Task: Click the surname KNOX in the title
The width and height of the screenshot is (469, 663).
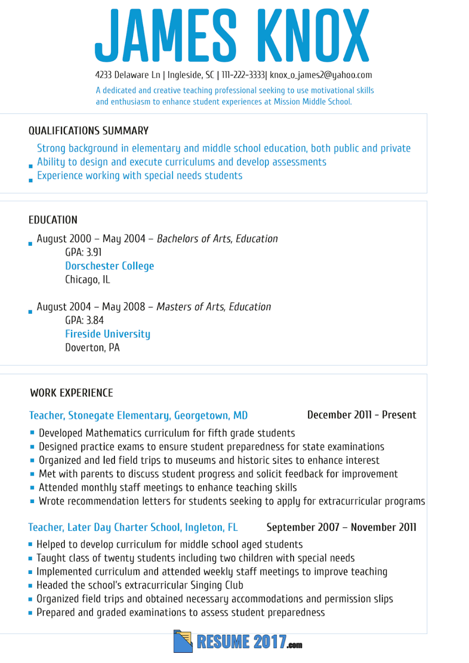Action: click(313, 36)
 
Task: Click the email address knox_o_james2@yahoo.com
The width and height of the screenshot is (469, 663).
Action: click(321, 75)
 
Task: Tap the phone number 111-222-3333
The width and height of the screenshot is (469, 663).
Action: click(243, 75)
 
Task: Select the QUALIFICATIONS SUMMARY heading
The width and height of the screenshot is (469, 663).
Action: click(89, 131)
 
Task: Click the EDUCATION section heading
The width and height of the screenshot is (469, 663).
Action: click(53, 220)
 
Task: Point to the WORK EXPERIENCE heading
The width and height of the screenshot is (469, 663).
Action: click(72, 393)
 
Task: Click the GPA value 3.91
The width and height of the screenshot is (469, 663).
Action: click(94, 252)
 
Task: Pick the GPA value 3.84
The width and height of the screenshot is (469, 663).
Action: click(95, 320)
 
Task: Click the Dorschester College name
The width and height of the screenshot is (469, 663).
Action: click(109, 266)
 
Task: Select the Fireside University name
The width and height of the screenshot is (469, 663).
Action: click(107, 334)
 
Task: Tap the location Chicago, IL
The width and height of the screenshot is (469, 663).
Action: click(87, 279)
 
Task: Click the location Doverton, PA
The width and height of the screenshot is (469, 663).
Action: click(92, 347)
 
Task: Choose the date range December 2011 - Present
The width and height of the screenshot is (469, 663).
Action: click(362, 415)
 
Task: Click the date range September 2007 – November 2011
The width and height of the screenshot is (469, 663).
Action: click(341, 527)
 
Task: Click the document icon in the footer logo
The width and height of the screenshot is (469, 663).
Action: click(183, 641)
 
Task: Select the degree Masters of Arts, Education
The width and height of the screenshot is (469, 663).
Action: click(214, 307)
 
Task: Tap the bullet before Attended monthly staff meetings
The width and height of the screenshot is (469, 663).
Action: click(32, 488)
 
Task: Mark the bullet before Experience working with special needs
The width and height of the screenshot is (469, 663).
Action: click(30, 180)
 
